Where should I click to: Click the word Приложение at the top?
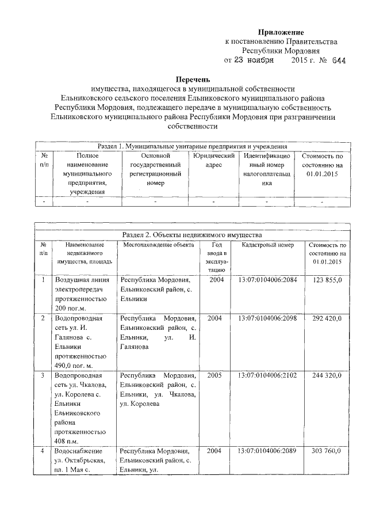point(280,32)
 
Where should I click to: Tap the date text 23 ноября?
point(254,60)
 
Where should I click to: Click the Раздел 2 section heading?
point(192,235)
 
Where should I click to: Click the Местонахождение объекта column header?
point(157,245)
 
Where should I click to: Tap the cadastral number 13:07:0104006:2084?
point(267,280)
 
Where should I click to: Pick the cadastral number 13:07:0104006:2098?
point(267,318)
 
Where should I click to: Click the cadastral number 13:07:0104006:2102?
point(267,375)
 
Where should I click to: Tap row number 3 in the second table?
point(43,375)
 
